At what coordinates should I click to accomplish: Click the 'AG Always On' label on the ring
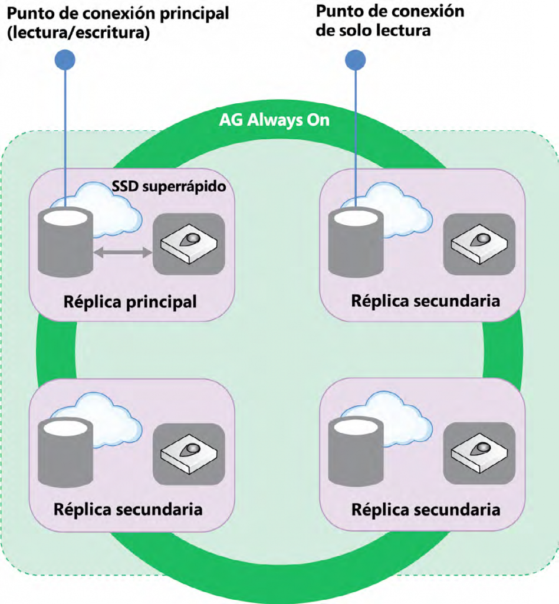(x=274, y=120)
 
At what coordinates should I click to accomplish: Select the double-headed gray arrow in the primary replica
(x=123, y=252)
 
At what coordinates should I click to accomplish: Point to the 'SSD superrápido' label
(x=170, y=188)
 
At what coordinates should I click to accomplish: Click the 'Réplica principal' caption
(x=129, y=303)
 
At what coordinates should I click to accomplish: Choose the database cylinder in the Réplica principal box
(x=65, y=239)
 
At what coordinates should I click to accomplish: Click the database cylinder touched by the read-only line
(x=356, y=239)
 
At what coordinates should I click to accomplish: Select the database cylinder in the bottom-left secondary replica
(x=65, y=451)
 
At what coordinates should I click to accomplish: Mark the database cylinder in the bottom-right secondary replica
(x=356, y=451)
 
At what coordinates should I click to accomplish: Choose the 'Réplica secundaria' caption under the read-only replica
(x=425, y=300)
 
